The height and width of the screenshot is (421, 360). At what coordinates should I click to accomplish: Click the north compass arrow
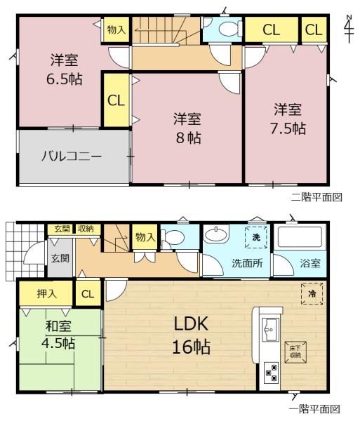click(349, 29)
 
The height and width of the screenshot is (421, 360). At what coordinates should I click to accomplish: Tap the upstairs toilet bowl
click(229, 29)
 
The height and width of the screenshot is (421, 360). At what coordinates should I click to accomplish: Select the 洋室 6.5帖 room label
click(65, 69)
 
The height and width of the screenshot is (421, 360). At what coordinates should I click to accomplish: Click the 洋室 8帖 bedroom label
click(187, 128)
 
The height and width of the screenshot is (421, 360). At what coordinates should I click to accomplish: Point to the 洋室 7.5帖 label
click(288, 119)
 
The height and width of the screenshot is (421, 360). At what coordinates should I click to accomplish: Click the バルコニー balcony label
click(72, 156)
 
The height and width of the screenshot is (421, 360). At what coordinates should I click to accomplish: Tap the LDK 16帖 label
click(191, 335)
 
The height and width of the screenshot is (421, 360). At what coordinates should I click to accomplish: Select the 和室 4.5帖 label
click(58, 335)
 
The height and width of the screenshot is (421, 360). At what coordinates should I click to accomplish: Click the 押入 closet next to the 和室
click(46, 293)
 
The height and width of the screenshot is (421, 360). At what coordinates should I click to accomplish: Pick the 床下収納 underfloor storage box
click(295, 352)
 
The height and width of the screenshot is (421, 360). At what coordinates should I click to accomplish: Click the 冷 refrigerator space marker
click(312, 293)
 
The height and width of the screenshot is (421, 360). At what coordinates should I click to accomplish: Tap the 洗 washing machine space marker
click(256, 237)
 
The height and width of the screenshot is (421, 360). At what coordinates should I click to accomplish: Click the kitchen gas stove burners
click(272, 372)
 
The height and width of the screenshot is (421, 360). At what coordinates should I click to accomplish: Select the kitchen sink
click(271, 330)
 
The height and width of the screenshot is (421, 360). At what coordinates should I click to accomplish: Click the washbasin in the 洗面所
click(216, 234)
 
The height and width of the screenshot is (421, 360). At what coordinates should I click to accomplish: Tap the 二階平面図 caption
click(316, 197)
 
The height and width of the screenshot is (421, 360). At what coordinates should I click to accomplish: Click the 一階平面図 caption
click(314, 410)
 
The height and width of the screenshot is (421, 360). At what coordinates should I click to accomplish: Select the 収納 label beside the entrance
click(86, 229)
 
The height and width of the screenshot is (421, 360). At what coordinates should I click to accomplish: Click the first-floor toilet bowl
click(174, 237)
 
